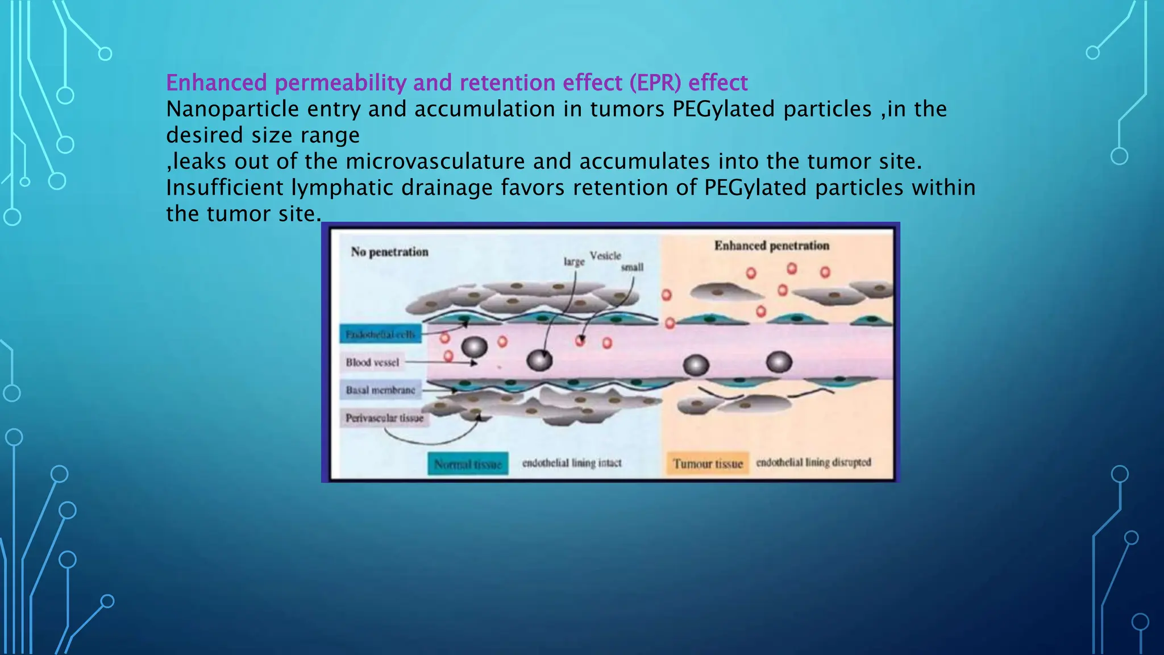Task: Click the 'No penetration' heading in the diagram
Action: (x=389, y=252)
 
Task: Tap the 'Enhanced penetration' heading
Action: (x=771, y=246)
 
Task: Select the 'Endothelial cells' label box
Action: (x=380, y=334)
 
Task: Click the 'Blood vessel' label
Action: (x=372, y=362)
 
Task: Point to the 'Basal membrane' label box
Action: (x=380, y=390)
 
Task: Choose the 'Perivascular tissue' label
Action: (x=384, y=418)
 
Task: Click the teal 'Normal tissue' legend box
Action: (x=468, y=464)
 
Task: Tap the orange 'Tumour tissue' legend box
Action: (x=708, y=463)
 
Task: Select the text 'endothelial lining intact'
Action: (x=571, y=463)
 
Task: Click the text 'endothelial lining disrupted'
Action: (x=813, y=462)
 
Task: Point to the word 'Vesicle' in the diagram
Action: (x=605, y=256)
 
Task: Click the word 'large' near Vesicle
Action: (x=573, y=262)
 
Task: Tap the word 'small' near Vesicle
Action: (x=632, y=267)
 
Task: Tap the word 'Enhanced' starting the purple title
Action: (x=216, y=83)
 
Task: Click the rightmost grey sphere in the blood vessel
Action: (x=779, y=362)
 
